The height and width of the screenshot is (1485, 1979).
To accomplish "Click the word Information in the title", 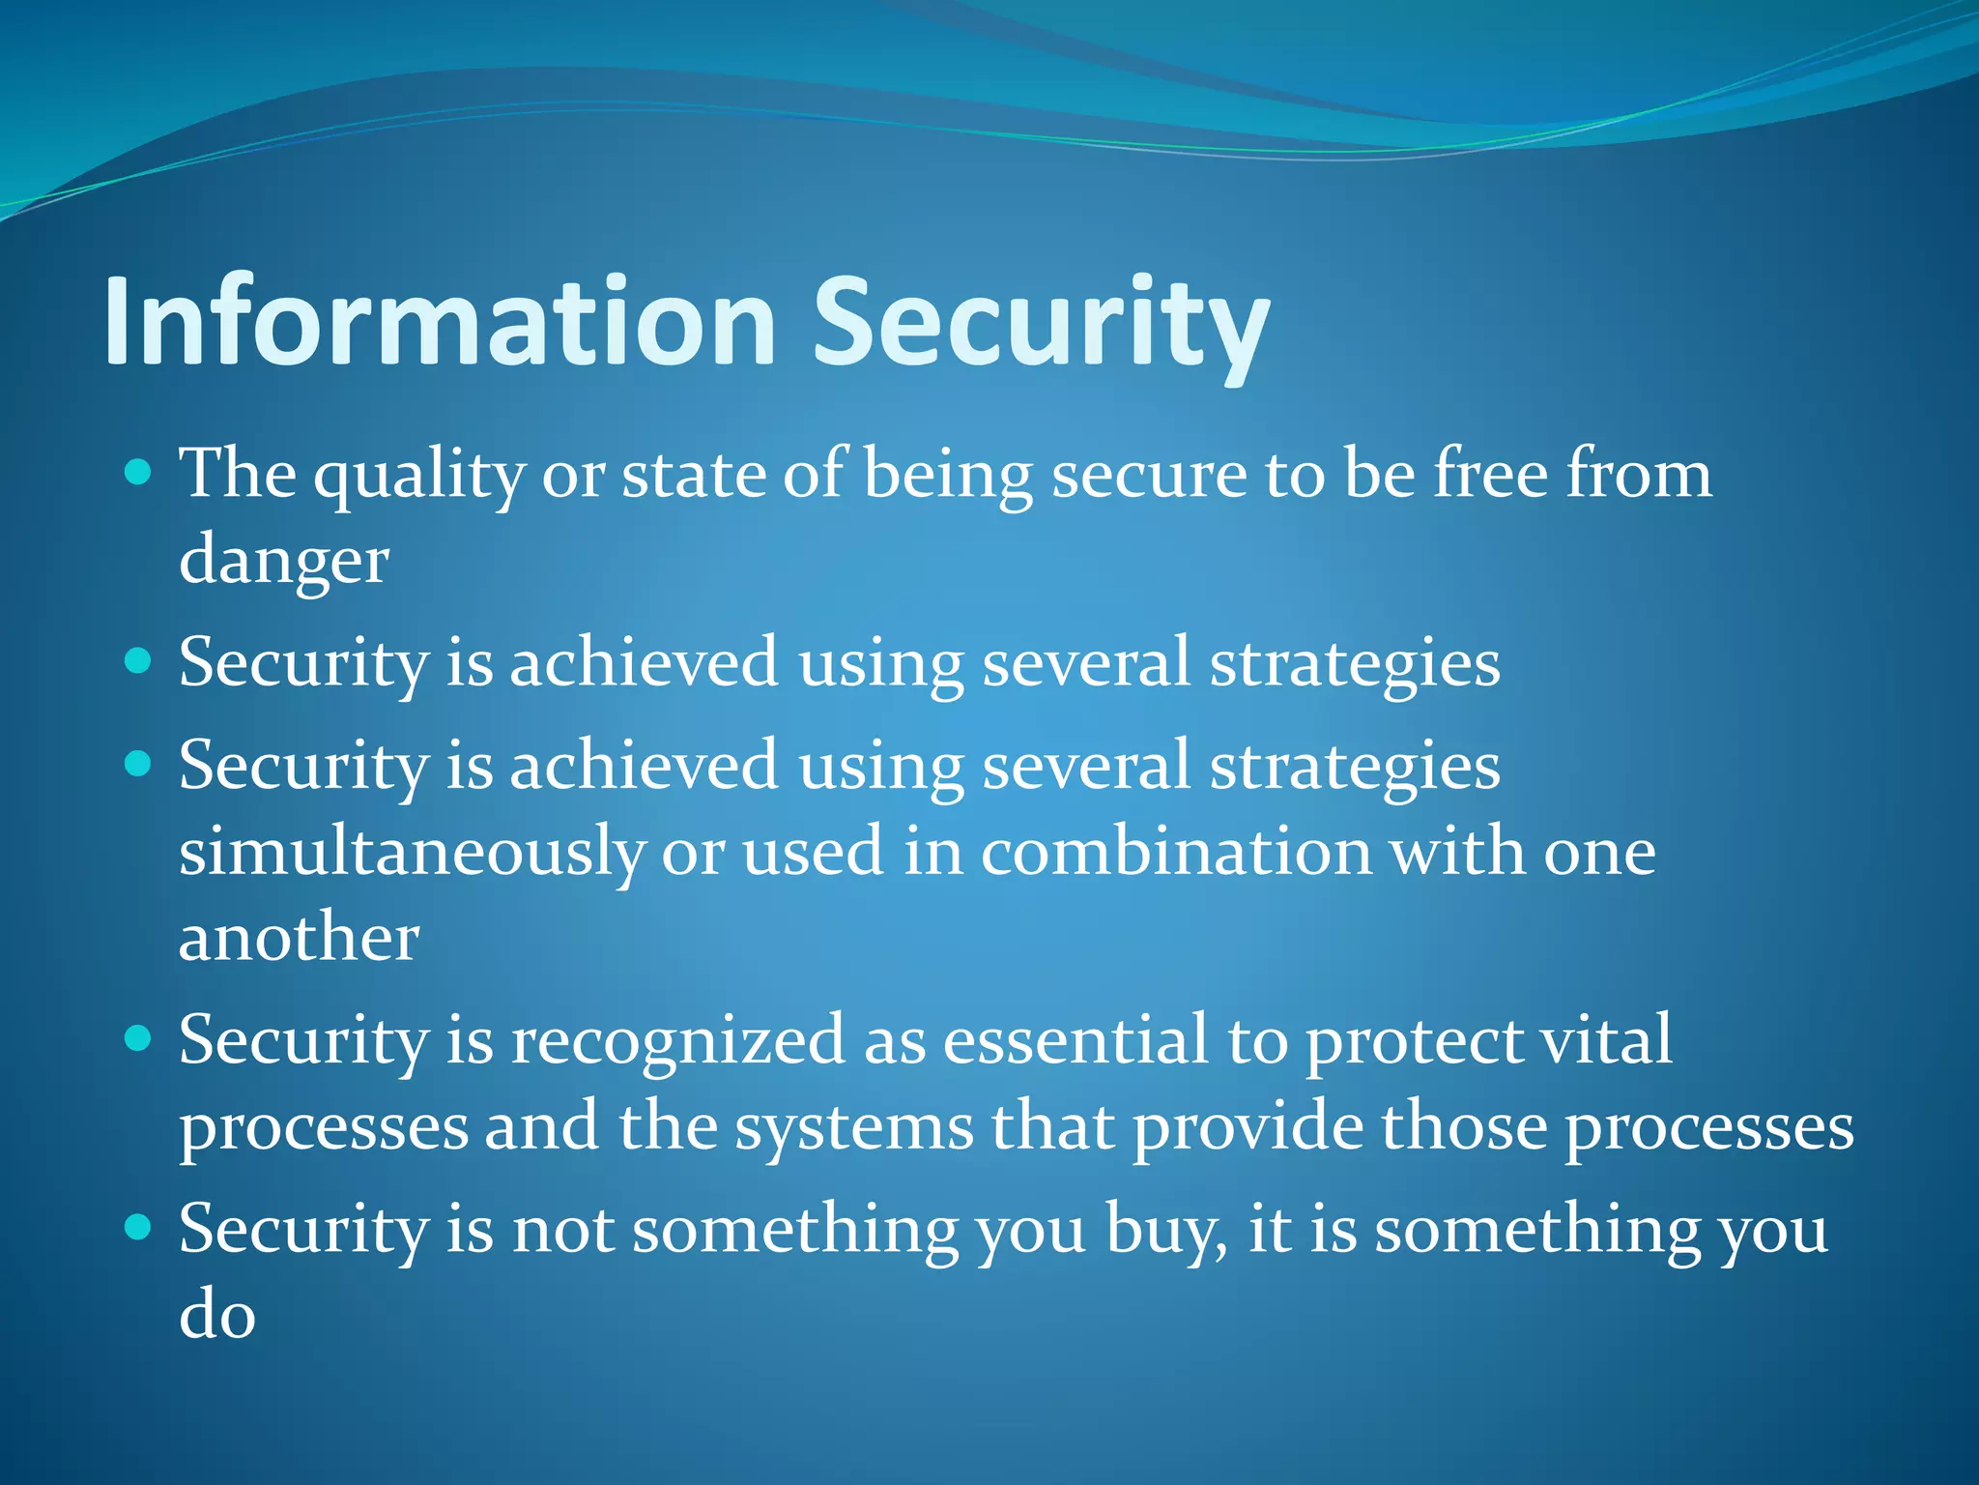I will [x=440, y=321].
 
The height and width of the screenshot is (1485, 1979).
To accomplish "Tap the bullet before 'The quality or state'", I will [x=139, y=473].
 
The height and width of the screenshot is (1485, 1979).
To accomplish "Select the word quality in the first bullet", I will [x=418, y=476].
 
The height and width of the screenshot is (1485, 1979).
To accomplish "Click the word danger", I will [x=283, y=561].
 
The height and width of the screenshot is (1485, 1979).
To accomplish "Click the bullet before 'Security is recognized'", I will [x=139, y=1039].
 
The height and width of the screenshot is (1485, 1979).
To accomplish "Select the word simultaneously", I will [x=412, y=853].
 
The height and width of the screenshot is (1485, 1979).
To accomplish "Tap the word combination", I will [x=1176, y=853].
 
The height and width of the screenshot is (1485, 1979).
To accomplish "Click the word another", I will [x=299, y=938].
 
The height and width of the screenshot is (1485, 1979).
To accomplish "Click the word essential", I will [x=1076, y=1041].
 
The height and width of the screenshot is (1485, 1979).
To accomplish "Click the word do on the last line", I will [x=217, y=1316].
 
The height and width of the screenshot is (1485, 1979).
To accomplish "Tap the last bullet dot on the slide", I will [x=139, y=1228].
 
